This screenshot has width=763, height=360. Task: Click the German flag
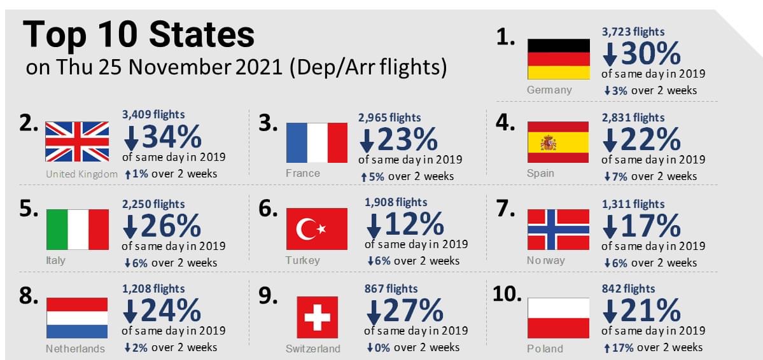pos(559,59)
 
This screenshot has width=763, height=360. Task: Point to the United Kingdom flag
pos(77,142)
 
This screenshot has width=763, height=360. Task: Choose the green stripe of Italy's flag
pos(57,229)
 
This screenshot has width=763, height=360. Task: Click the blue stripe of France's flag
pos(297,142)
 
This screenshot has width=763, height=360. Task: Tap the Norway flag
pos(559,229)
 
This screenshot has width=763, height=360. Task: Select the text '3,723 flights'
pos(633,31)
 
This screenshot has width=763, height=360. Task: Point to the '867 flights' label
pos(391,289)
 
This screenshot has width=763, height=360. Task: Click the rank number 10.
pos(507,293)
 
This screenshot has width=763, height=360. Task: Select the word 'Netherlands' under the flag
pos(76,349)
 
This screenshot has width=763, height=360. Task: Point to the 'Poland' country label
pos(545,349)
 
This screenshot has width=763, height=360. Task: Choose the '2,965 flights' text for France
pos(389,118)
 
